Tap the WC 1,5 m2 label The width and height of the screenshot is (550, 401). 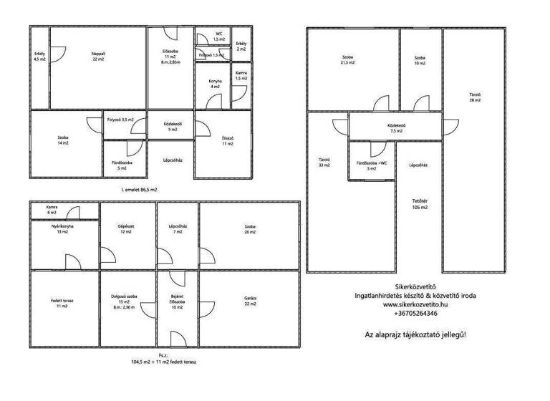tap(219, 37)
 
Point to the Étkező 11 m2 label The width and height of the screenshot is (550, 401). tap(228, 142)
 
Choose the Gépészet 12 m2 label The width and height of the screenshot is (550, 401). tap(126, 230)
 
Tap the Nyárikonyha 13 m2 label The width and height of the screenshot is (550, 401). tap(62, 230)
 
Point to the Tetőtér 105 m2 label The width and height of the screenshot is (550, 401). tap(420, 204)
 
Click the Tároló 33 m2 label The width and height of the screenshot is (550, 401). tap(324, 163)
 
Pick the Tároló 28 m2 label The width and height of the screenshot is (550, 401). tap(474, 98)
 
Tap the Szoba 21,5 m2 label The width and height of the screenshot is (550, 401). tap(347, 60)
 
